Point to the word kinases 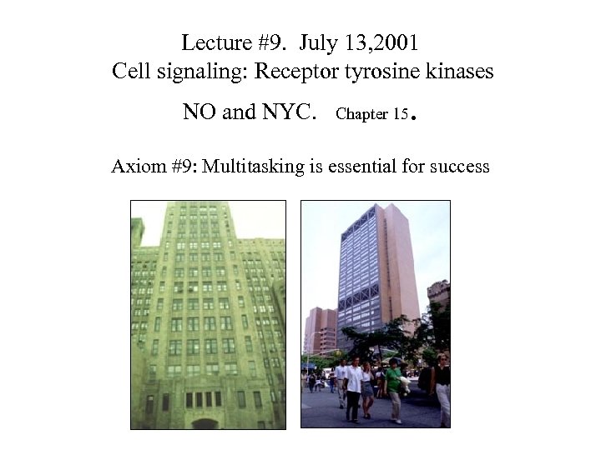coord(457,72)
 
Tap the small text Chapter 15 coord(371,114)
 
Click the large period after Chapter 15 coord(413,118)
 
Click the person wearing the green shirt coord(393,387)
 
